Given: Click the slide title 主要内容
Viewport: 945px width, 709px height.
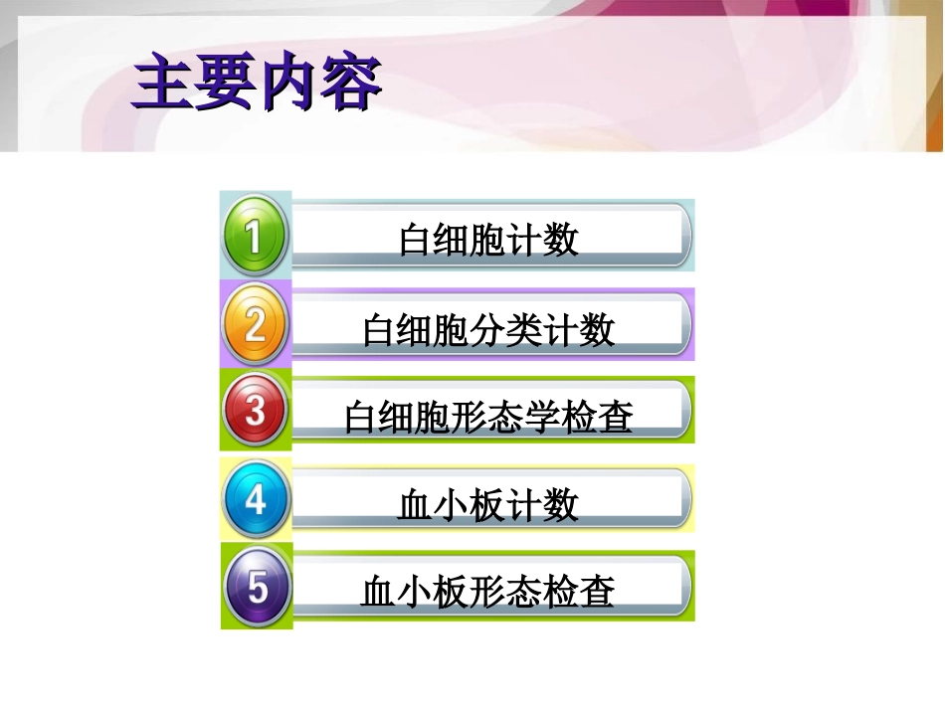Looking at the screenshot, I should (257, 85).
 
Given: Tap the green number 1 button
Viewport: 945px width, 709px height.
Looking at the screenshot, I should (255, 236).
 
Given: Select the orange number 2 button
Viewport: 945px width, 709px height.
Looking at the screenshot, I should (255, 325).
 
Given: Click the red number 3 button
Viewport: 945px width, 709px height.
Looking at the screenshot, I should (256, 410).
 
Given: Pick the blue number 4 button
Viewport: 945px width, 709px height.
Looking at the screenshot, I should (256, 499).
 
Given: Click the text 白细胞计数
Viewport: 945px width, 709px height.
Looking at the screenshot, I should (488, 240).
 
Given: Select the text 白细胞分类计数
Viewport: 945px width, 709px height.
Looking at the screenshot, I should (488, 329).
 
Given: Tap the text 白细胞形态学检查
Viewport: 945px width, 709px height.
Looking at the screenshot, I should (488, 417).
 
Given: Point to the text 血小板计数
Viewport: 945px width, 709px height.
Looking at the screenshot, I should (487, 505).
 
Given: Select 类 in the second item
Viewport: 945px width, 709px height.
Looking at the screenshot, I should (524, 329).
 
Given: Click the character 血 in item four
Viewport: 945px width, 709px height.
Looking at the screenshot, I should (415, 505).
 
